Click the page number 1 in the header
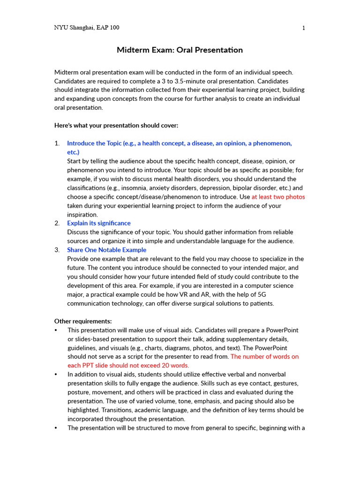coord(304,28)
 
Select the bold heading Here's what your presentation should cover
coord(116,126)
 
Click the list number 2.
coord(57,223)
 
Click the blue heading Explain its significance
coord(99,223)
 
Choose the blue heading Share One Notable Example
coord(107,250)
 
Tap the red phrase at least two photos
coord(278,197)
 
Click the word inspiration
coord(82,215)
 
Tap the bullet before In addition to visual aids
coord(56,375)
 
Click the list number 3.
coord(57,250)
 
